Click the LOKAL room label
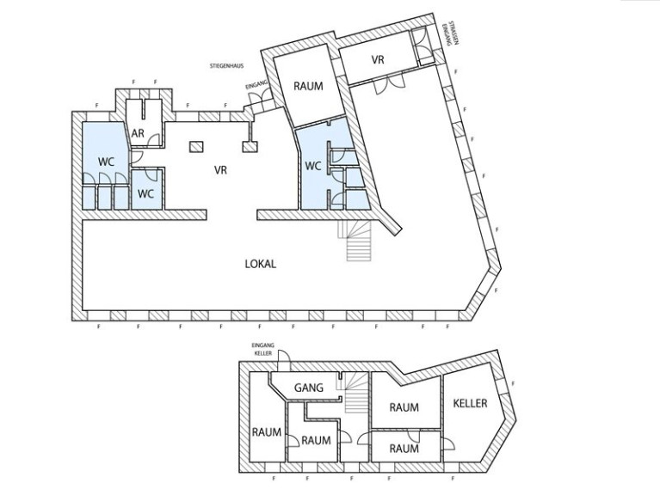(261, 264)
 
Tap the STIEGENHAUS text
(226, 66)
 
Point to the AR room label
(138, 133)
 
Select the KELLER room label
(470, 403)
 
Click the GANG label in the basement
(309, 388)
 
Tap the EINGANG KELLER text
(262, 350)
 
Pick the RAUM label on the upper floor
(309, 87)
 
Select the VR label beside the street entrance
(378, 59)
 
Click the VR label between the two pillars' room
(220, 170)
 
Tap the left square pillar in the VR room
(196, 147)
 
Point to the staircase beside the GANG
(352, 393)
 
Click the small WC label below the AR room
(145, 194)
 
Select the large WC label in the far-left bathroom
(106, 162)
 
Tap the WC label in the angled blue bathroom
(312, 167)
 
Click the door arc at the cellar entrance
(285, 356)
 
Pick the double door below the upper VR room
(389, 86)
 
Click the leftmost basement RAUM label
(267, 432)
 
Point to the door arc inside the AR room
(155, 139)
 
